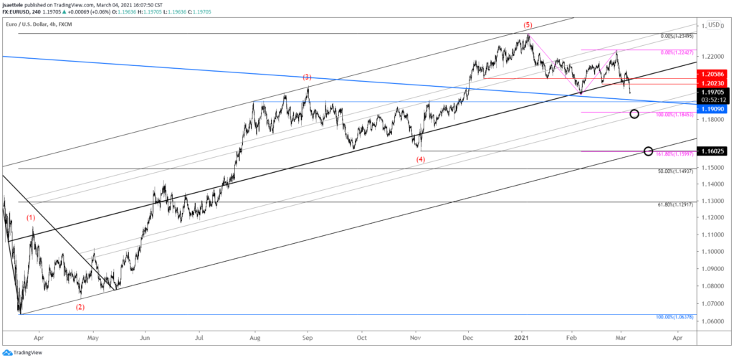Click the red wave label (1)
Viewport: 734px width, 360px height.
pyautogui.click(x=31, y=218)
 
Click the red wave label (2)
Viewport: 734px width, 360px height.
pyautogui.click(x=80, y=307)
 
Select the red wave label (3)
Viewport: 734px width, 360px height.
pyautogui.click(x=307, y=77)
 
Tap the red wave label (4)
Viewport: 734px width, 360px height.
pyautogui.click(x=421, y=159)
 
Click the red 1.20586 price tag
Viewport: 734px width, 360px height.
pyautogui.click(x=713, y=74)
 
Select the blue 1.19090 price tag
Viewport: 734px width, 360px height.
pyautogui.click(x=713, y=109)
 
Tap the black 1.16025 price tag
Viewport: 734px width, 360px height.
pyautogui.click(x=713, y=151)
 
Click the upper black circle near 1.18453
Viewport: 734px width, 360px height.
pyautogui.click(x=634, y=114)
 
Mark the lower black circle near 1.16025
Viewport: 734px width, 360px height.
pyautogui.click(x=649, y=151)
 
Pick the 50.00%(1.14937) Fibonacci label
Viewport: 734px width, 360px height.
pyautogui.click(x=677, y=171)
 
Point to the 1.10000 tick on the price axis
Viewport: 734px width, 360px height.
pyautogui.click(x=713, y=252)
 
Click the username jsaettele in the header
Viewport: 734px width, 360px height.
pyautogui.click(x=22, y=3)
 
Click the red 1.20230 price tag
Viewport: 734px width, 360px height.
pyautogui.click(x=713, y=83)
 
